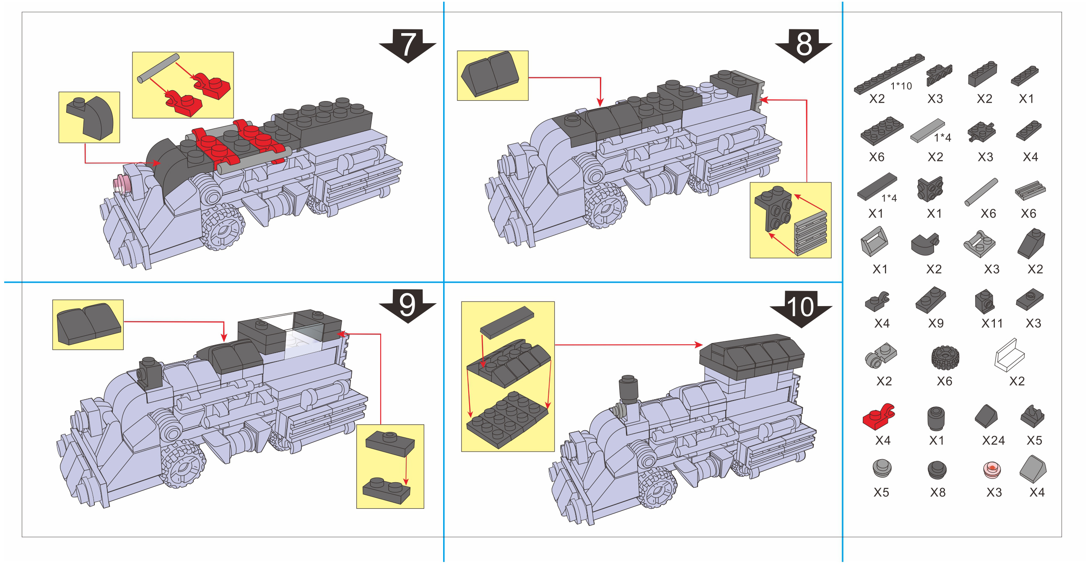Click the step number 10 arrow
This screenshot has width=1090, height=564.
tap(800, 308)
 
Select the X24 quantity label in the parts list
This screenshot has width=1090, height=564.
tap(993, 440)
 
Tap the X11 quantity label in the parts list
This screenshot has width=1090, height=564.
tap(992, 324)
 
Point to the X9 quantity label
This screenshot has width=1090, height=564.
tap(936, 324)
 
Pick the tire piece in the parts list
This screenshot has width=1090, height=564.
tap(945, 358)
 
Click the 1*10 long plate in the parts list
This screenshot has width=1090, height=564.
tap(889, 74)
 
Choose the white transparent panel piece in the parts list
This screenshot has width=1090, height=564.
tap(1010, 355)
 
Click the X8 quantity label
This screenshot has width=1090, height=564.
tap(937, 492)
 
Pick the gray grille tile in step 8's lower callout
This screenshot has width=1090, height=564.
tap(810, 233)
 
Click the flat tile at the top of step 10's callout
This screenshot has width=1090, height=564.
tap(506, 322)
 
